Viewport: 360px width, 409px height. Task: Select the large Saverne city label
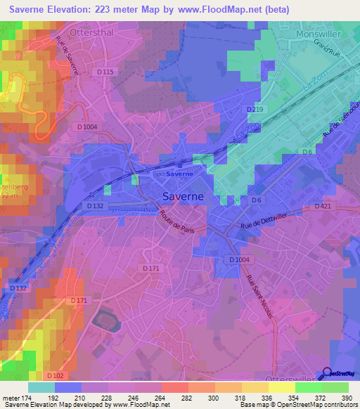(184, 197)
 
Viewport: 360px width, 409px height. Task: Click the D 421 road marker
(322, 207)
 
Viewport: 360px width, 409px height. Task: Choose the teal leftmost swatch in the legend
(41, 387)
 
